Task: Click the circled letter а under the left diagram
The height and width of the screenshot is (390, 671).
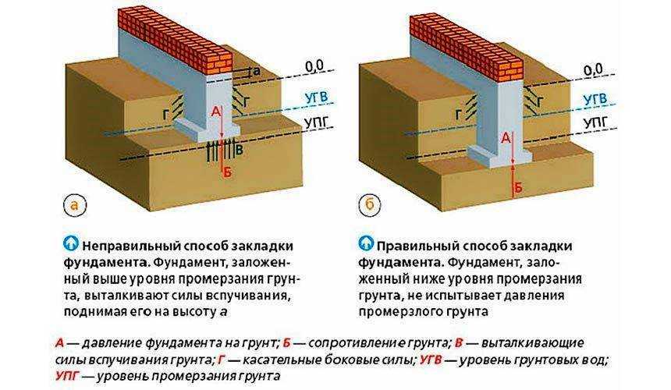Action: point(75,205)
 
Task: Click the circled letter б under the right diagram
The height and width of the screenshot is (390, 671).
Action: point(370,205)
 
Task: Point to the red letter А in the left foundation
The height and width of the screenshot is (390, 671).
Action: point(217,112)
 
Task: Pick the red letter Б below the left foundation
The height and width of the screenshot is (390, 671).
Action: point(228,172)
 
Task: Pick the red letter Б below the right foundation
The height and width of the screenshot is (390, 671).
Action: point(517,187)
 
